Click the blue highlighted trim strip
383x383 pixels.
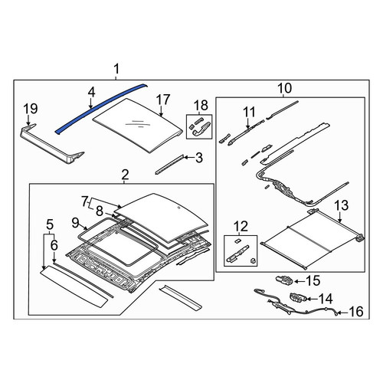[x=102, y=107]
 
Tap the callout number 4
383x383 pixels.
[x=91, y=93]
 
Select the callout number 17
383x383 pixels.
[x=163, y=100]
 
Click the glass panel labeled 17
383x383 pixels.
[x=138, y=125]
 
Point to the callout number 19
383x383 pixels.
[x=31, y=109]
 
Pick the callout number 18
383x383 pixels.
[x=201, y=106]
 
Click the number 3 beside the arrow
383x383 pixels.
[x=199, y=158]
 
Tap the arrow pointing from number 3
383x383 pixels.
[x=189, y=158]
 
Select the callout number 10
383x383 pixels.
[x=284, y=88]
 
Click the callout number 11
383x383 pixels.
[x=249, y=113]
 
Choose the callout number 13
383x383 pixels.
[x=342, y=205]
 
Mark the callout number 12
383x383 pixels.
[x=241, y=226]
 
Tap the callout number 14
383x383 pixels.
[x=326, y=299]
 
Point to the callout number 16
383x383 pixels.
[x=356, y=312]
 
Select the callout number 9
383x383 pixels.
[x=76, y=223]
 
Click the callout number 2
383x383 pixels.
[x=125, y=175]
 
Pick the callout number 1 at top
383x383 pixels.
[x=116, y=69]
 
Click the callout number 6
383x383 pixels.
[x=54, y=245]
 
